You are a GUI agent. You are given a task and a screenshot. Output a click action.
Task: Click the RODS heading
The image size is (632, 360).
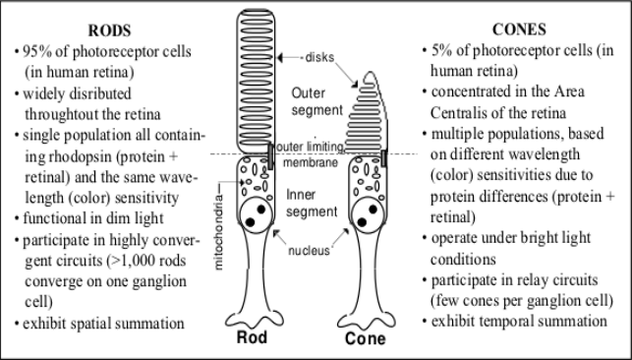(x=110, y=30)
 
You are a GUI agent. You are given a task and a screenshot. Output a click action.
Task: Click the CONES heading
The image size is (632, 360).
(x=519, y=30)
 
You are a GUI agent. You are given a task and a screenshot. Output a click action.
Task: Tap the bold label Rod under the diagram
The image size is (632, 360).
(x=252, y=337)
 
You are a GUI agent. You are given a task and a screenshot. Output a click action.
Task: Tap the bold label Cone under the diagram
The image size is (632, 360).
(x=366, y=338)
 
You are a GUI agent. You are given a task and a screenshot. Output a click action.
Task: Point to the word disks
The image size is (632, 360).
(x=319, y=57)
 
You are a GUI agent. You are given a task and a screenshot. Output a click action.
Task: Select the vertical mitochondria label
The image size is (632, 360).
(x=218, y=232)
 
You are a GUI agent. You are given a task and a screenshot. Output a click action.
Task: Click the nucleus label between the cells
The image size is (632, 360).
(x=309, y=251)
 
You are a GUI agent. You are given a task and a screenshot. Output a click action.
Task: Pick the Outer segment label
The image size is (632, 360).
(x=317, y=101)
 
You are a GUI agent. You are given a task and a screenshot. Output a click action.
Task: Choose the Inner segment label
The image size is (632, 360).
(x=312, y=203)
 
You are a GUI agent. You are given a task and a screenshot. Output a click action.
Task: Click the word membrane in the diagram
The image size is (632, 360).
(x=311, y=162)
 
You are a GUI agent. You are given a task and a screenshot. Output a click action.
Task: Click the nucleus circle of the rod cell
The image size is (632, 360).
(x=256, y=214)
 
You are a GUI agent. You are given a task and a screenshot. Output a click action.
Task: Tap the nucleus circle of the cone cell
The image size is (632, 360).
(x=368, y=214)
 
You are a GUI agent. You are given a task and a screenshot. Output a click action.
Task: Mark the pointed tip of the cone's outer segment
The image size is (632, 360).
(x=370, y=73)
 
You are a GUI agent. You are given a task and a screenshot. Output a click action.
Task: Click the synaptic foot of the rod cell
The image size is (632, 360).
(x=255, y=320)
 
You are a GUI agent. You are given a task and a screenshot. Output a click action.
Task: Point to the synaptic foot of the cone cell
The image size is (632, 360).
(x=366, y=321)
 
